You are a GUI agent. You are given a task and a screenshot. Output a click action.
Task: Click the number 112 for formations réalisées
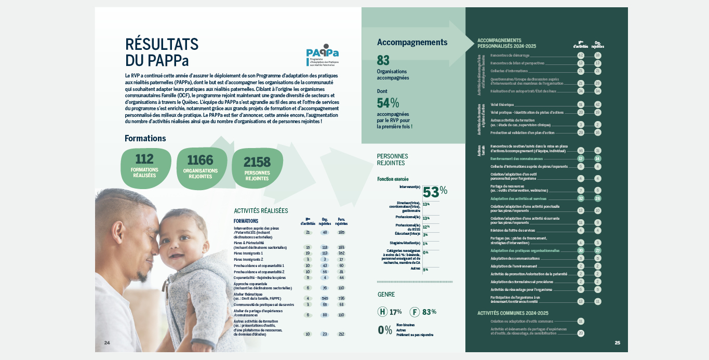pyautogui.click(x=144, y=159)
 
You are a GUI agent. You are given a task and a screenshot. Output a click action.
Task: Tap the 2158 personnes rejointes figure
pyautogui.click(x=258, y=162)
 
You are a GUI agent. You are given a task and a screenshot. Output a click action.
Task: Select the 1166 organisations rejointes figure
pyautogui.click(x=200, y=159)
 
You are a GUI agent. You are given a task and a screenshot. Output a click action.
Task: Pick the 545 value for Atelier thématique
pyautogui.click(x=325, y=298)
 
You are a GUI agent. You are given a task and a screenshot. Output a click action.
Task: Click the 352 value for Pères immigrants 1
pyautogui.click(x=341, y=253)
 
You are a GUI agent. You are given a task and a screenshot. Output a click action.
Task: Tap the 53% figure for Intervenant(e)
pyautogui.click(x=435, y=192)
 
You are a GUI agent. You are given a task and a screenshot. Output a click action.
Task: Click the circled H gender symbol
pyautogui.click(x=382, y=312)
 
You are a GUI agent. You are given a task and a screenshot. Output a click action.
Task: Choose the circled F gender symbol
pyautogui.click(x=414, y=312)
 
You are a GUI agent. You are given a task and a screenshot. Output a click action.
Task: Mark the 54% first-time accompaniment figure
pyautogui.click(x=388, y=103)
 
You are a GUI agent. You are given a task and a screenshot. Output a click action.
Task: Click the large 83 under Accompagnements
pyautogui.click(x=383, y=61)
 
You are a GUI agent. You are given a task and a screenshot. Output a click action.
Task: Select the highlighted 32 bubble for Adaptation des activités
pyautogui.click(x=581, y=198)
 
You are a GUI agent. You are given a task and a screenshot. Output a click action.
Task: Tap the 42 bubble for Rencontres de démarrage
pyautogui.click(x=581, y=55)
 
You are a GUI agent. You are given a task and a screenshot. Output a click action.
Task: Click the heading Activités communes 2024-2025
pyautogui.click(x=513, y=313)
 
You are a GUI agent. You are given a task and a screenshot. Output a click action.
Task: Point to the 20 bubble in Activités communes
pyautogui.click(x=581, y=333)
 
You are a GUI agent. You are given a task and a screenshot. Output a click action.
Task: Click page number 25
pyautogui.click(x=618, y=342)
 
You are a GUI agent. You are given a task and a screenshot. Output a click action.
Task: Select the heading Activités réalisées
pyautogui.click(x=261, y=211)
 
